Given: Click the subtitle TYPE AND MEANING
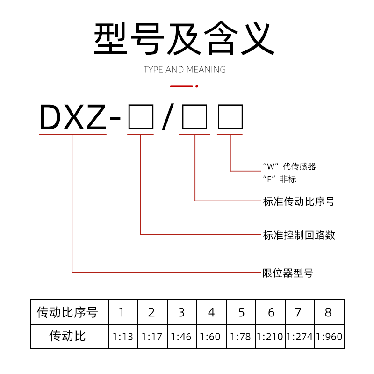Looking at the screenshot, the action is click(x=185, y=70).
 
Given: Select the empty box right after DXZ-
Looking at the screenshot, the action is click(x=140, y=117).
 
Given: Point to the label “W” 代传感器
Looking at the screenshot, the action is click(x=289, y=166).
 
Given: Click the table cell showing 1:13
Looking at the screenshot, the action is click(x=123, y=337).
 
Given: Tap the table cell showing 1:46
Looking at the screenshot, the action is click(x=181, y=337).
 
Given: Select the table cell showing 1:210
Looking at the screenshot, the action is click(x=270, y=337).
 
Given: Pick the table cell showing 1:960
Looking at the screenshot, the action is click(x=329, y=337).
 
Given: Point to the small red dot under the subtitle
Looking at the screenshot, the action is click(x=197, y=86).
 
